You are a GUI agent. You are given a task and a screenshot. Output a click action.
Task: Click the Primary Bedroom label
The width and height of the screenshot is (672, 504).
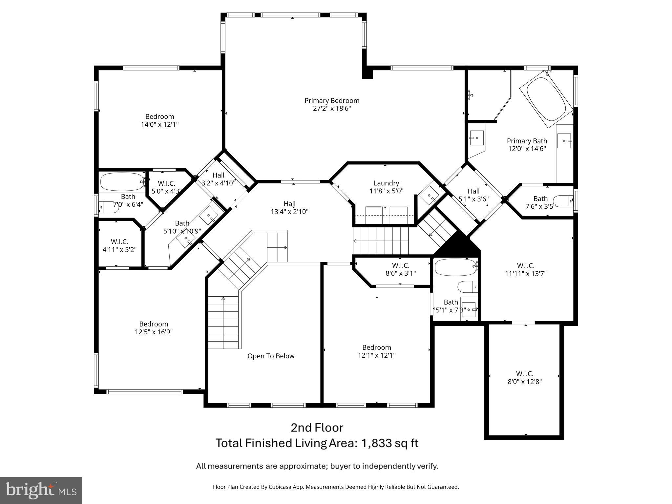[x=332, y=101]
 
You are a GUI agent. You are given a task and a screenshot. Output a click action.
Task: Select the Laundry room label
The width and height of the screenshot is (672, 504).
[x=386, y=183]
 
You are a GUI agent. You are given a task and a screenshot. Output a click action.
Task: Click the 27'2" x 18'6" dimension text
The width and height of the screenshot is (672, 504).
[x=332, y=109]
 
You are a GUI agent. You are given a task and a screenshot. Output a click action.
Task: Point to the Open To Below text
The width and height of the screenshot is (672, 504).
[x=271, y=356]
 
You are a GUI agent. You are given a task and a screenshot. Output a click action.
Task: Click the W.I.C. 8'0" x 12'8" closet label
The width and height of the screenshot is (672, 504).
[x=525, y=378]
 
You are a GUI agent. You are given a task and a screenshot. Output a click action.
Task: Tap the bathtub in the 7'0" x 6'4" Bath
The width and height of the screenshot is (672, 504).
[x=122, y=182]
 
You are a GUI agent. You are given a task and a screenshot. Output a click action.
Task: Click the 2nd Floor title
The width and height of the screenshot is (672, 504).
[x=317, y=428]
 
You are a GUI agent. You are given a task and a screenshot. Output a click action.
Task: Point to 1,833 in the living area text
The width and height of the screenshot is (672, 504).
[x=377, y=443]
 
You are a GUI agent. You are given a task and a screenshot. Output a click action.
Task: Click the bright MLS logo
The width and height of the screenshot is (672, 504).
[x=41, y=491]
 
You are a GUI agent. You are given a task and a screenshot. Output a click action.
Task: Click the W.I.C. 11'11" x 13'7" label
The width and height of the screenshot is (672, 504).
[x=526, y=270]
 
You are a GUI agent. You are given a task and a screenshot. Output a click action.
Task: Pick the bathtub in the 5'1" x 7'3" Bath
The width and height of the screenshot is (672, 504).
[x=455, y=267]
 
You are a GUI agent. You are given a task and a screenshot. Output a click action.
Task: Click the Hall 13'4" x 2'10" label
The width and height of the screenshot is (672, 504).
[x=289, y=208]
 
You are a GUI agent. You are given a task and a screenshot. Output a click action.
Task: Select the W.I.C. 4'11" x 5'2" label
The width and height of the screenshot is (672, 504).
[x=119, y=245]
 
